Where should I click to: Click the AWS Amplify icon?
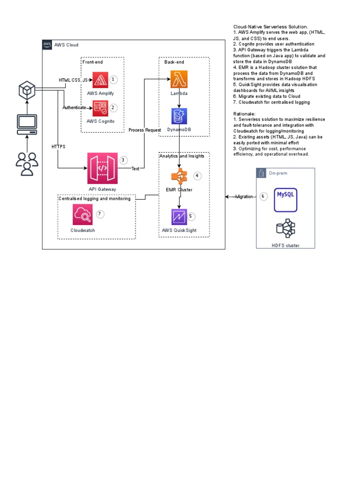coord(100,80)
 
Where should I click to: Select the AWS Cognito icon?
coord(100,108)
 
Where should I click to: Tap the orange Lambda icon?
coord(179,79)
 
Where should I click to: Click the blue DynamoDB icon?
coord(179,116)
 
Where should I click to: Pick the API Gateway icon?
coord(102,168)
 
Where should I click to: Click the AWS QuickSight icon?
coord(179,217)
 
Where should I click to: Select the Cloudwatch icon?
coord(82,215)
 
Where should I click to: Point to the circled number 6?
coord(263,196)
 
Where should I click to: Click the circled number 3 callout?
coord(123,160)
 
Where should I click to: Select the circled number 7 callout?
coord(99,214)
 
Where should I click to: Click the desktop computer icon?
coord(27,124)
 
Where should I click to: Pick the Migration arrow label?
coord(244,197)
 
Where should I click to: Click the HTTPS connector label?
coord(58,147)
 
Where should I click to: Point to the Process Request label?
coord(144,130)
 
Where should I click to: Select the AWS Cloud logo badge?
coord(47,45)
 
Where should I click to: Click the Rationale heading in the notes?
coord(244,114)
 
